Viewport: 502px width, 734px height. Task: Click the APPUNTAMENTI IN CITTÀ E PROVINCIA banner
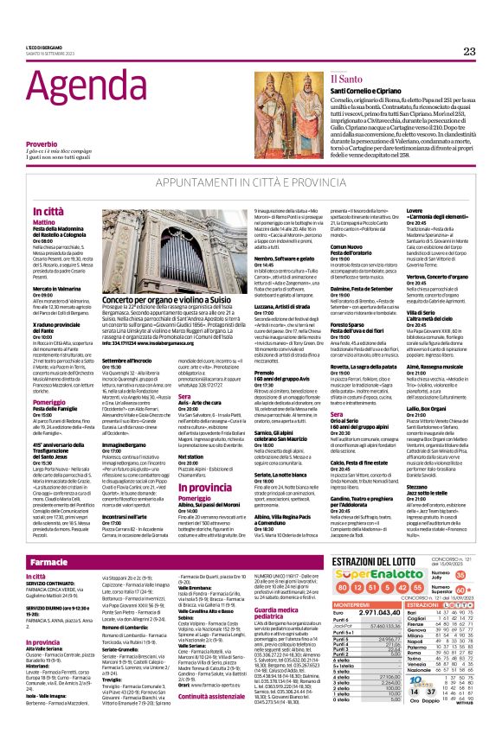click(250, 185)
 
